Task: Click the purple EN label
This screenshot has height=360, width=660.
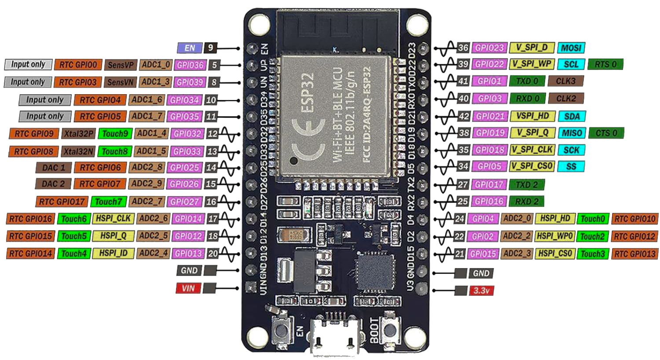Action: coord(190,48)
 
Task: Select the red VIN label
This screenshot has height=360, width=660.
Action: coord(188,288)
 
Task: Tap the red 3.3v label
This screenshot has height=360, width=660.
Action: coord(481,291)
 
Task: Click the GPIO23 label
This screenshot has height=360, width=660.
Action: coord(489,48)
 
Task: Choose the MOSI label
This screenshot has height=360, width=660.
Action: coord(571,48)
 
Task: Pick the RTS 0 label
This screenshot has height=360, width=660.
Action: coord(605,64)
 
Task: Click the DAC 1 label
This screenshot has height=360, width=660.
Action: coord(54,168)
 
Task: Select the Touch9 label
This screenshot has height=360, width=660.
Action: coord(115,133)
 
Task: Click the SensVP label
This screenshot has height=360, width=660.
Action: coord(121,65)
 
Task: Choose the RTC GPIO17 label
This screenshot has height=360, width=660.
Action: coord(62,202)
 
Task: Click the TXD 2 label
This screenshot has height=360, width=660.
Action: coord(526,185)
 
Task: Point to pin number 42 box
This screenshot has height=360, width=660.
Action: coord(463,117)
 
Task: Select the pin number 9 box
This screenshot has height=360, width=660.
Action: coord(211,48)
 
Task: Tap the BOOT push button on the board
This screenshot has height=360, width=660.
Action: coord(389,331)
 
